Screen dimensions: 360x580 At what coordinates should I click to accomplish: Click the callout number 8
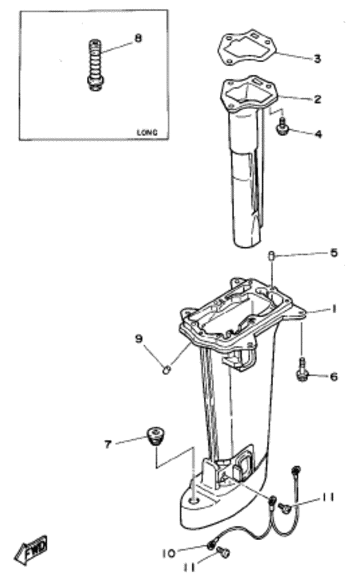[x=138, y=38]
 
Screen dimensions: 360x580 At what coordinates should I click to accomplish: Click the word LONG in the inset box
[x=147, y=132]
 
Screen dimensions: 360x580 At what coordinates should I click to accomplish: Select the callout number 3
[x=317, y=59]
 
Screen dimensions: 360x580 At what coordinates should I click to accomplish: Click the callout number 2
[x=318, y=99]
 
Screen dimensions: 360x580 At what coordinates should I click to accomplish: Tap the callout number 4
[x=318, y=134]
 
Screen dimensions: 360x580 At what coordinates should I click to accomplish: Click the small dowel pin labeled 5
[x=271, y=255]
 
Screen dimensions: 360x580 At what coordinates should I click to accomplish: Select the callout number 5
[x=334, y=252]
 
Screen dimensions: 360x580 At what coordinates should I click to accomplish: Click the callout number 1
[x=334, y=308]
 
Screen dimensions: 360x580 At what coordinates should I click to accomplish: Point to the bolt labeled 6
[x=303, y=369]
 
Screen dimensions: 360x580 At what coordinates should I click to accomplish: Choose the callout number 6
[x=334, y=376]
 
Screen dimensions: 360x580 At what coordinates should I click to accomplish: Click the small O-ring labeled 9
[x=166, y=369]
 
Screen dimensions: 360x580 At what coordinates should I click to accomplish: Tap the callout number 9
[x=138, y=339]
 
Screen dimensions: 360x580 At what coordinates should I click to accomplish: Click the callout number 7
[x=108, y=444]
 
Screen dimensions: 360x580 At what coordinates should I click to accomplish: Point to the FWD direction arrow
[x=31, y=550]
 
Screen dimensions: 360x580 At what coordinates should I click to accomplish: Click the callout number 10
[x=168, y=554]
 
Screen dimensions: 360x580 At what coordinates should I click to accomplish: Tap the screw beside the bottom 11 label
[x=223, y=552]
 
